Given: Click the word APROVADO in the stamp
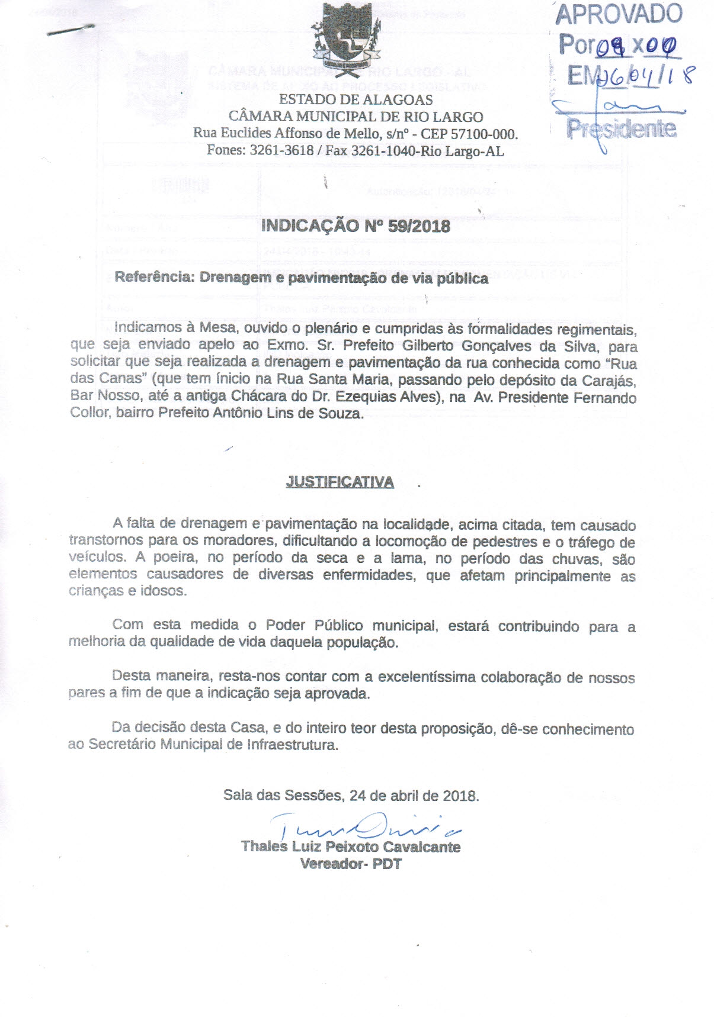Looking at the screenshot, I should [x=619, y=14].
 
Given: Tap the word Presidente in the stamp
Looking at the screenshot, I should [x=621, y=128].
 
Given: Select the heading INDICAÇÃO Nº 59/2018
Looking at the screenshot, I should [x=356, y=226].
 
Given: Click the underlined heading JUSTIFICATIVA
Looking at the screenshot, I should [x=340, y=482].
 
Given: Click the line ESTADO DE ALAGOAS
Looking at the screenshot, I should [x=356, y=100].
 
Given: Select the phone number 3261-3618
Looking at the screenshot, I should [x=281, y=150].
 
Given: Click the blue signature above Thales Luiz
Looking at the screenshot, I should [x=361, y=824].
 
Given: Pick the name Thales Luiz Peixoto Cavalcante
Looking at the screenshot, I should [x=351, y=847].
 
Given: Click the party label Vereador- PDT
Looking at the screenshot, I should [x=351, y=864].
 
